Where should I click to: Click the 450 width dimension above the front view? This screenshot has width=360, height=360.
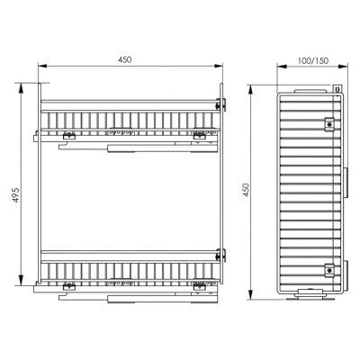(124, 59)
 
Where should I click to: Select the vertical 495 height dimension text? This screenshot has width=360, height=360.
(16, 194)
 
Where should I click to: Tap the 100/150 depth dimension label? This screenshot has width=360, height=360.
(313, 61)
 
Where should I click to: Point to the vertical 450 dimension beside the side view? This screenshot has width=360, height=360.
(246, 190)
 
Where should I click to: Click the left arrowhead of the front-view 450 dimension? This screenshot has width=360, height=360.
(42, 66)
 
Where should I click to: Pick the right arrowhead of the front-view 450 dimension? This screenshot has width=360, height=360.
(219, 66)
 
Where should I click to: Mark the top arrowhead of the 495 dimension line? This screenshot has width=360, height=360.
(21, 87)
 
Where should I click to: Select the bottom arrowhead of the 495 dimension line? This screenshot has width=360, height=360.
(21, 281)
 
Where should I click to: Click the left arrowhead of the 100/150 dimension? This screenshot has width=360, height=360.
(281, 67)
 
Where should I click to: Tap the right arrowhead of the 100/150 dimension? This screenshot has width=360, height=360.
(344, 67)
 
